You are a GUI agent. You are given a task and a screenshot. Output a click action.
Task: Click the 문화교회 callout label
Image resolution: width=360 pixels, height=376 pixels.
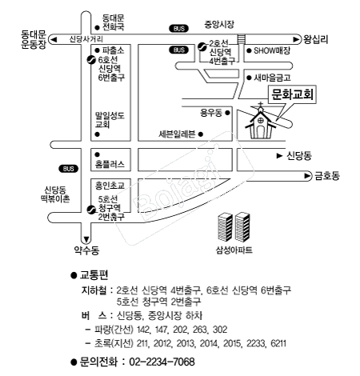click(292, 94)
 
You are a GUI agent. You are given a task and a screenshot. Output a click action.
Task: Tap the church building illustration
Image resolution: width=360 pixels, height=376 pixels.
click(260, 122)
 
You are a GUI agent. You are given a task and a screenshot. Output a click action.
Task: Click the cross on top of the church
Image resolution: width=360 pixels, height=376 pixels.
click(261, 104)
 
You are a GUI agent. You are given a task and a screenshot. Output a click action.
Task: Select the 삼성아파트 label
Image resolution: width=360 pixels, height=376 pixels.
click(234, 250)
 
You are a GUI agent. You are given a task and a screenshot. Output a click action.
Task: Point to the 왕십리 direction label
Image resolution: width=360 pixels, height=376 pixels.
click(315, 39)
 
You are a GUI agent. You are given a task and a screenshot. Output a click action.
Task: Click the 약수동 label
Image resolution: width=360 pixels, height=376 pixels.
click(86, 250)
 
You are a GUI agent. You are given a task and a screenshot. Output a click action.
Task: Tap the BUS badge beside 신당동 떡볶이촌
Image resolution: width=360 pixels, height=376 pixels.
click(69, 169)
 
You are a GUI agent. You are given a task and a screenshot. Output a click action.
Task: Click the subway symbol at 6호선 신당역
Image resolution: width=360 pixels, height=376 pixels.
click(91, 60)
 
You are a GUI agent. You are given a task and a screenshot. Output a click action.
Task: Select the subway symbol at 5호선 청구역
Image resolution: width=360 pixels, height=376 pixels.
click(91, 210)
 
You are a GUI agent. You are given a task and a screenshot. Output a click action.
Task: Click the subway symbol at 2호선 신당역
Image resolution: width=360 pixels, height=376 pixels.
click(202, 47)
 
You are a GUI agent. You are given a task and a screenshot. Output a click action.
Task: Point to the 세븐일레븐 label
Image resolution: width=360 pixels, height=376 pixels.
click(177, 134)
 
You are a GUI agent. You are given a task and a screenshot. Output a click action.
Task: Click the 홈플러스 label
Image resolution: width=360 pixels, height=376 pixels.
click(110, 164)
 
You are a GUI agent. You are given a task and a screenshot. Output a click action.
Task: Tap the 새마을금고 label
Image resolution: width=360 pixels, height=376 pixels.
click(272, 78)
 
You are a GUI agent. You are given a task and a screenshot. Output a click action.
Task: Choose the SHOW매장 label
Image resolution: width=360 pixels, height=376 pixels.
click(272, 50)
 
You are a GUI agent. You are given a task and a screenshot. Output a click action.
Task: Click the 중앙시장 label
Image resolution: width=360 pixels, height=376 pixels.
click(219, 24)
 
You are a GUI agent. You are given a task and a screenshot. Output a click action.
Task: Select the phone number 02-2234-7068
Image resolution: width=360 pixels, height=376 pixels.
click(162, 362)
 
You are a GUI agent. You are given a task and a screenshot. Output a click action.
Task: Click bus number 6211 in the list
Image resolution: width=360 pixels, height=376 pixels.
click(278, 343)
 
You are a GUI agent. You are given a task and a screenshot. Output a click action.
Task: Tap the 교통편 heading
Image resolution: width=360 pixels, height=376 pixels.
click(94, 275)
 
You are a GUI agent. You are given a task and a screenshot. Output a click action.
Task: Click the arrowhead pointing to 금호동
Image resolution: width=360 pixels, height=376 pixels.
click(308, 176)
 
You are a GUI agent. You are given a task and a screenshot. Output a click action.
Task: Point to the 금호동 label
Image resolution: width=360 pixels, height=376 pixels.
click(327, 176)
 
